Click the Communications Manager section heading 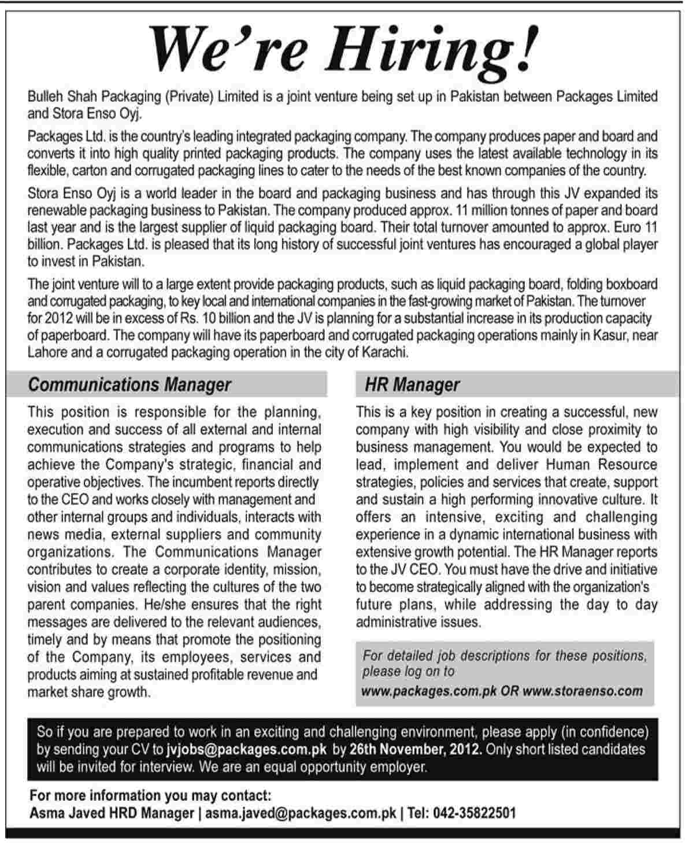pyautogui.click(x=129, y=385)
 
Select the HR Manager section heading pyautogui.click(x=412, y=385)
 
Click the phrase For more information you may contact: pyautogui.click(x=150, y=796)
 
